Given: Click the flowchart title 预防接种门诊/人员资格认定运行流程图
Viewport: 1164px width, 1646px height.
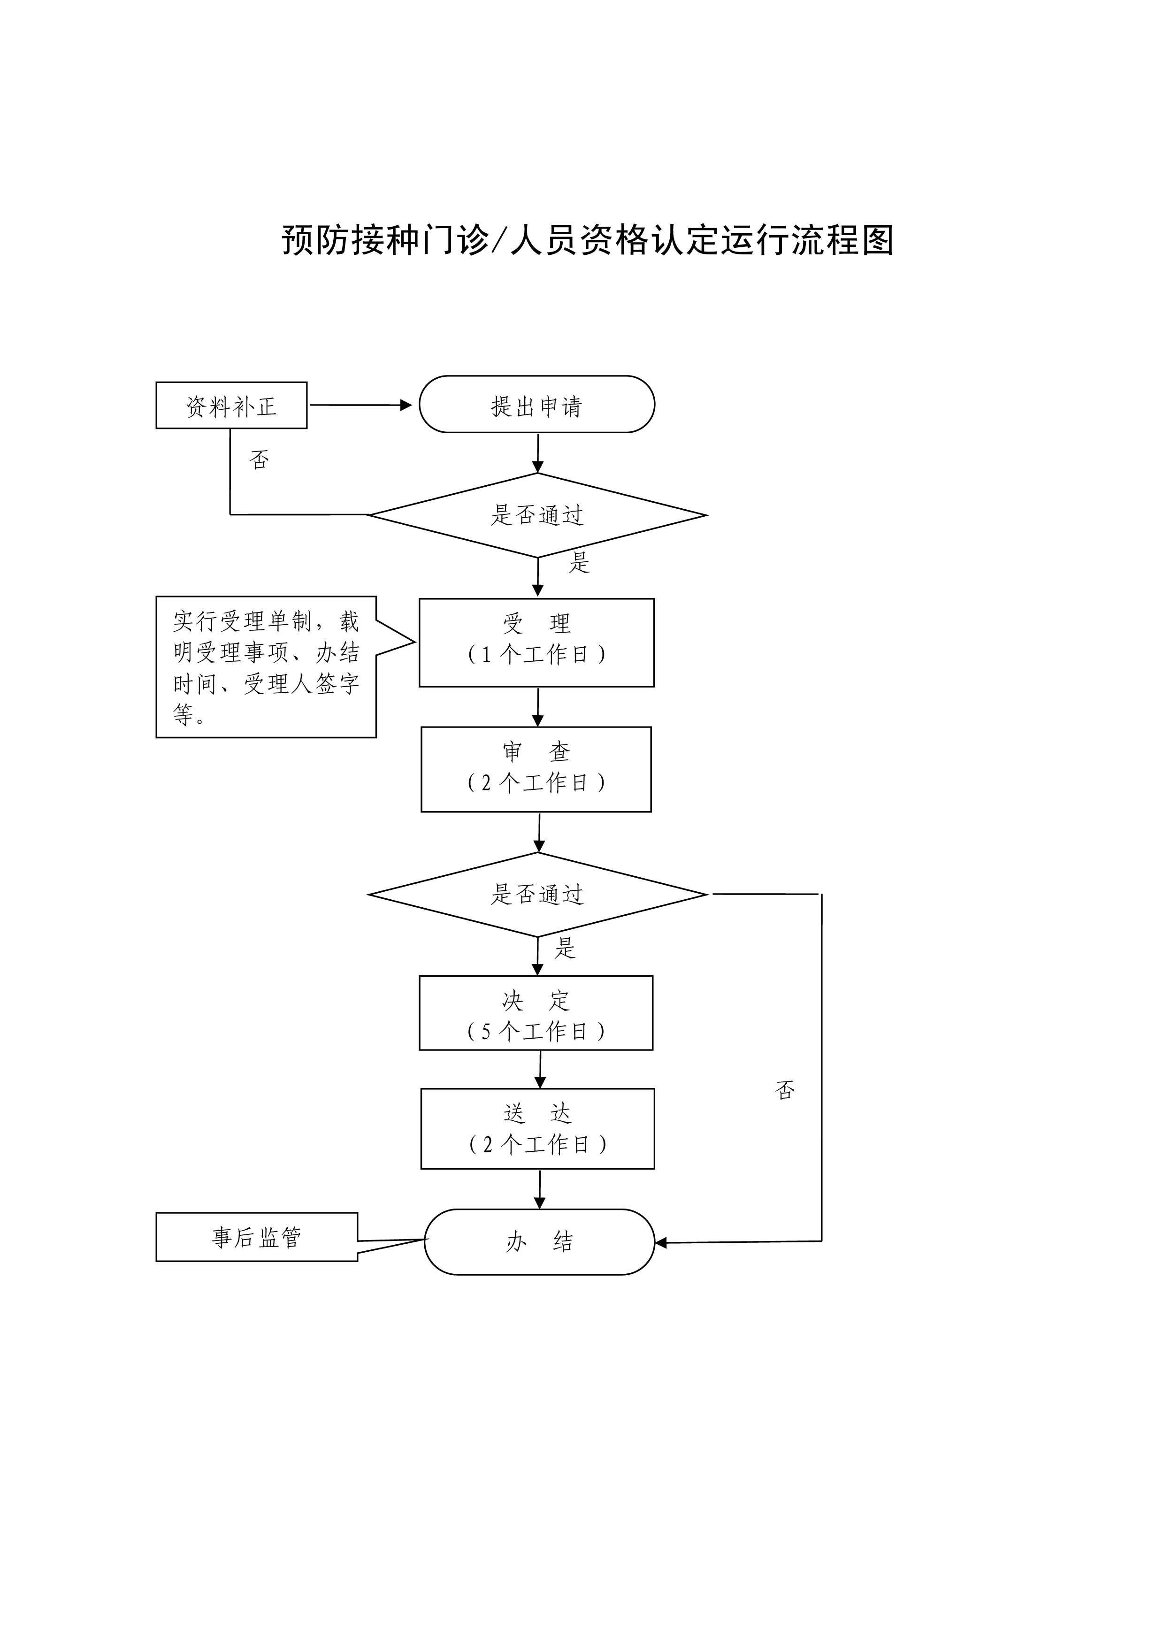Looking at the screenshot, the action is [587, 240].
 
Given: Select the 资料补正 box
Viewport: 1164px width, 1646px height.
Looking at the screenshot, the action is [231, 406].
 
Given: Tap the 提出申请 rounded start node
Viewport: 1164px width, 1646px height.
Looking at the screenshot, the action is [537, 404].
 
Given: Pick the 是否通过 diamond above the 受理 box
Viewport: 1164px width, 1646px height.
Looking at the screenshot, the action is [537, 515].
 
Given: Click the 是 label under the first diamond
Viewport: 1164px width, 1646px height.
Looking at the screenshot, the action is [579, 562].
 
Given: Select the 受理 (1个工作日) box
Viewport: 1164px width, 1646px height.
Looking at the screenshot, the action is [537, 643].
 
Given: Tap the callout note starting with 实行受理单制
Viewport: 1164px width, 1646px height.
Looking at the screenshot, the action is [267, 667].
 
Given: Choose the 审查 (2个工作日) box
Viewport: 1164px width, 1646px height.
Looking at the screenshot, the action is [536, 769].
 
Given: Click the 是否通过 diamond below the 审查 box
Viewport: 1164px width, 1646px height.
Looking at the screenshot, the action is [537, 894].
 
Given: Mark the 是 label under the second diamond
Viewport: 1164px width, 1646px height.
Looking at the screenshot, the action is [565, 949].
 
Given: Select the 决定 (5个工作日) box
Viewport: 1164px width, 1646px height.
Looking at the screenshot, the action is [536, 1013].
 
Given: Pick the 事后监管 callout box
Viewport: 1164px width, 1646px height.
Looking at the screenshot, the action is [257, 1237].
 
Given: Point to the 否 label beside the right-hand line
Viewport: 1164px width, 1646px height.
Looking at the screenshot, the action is [785, 1090].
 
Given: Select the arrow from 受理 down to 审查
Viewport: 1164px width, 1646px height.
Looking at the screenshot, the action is [538, 707].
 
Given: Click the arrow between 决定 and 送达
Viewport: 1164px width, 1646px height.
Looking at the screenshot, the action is [540, 1070].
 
